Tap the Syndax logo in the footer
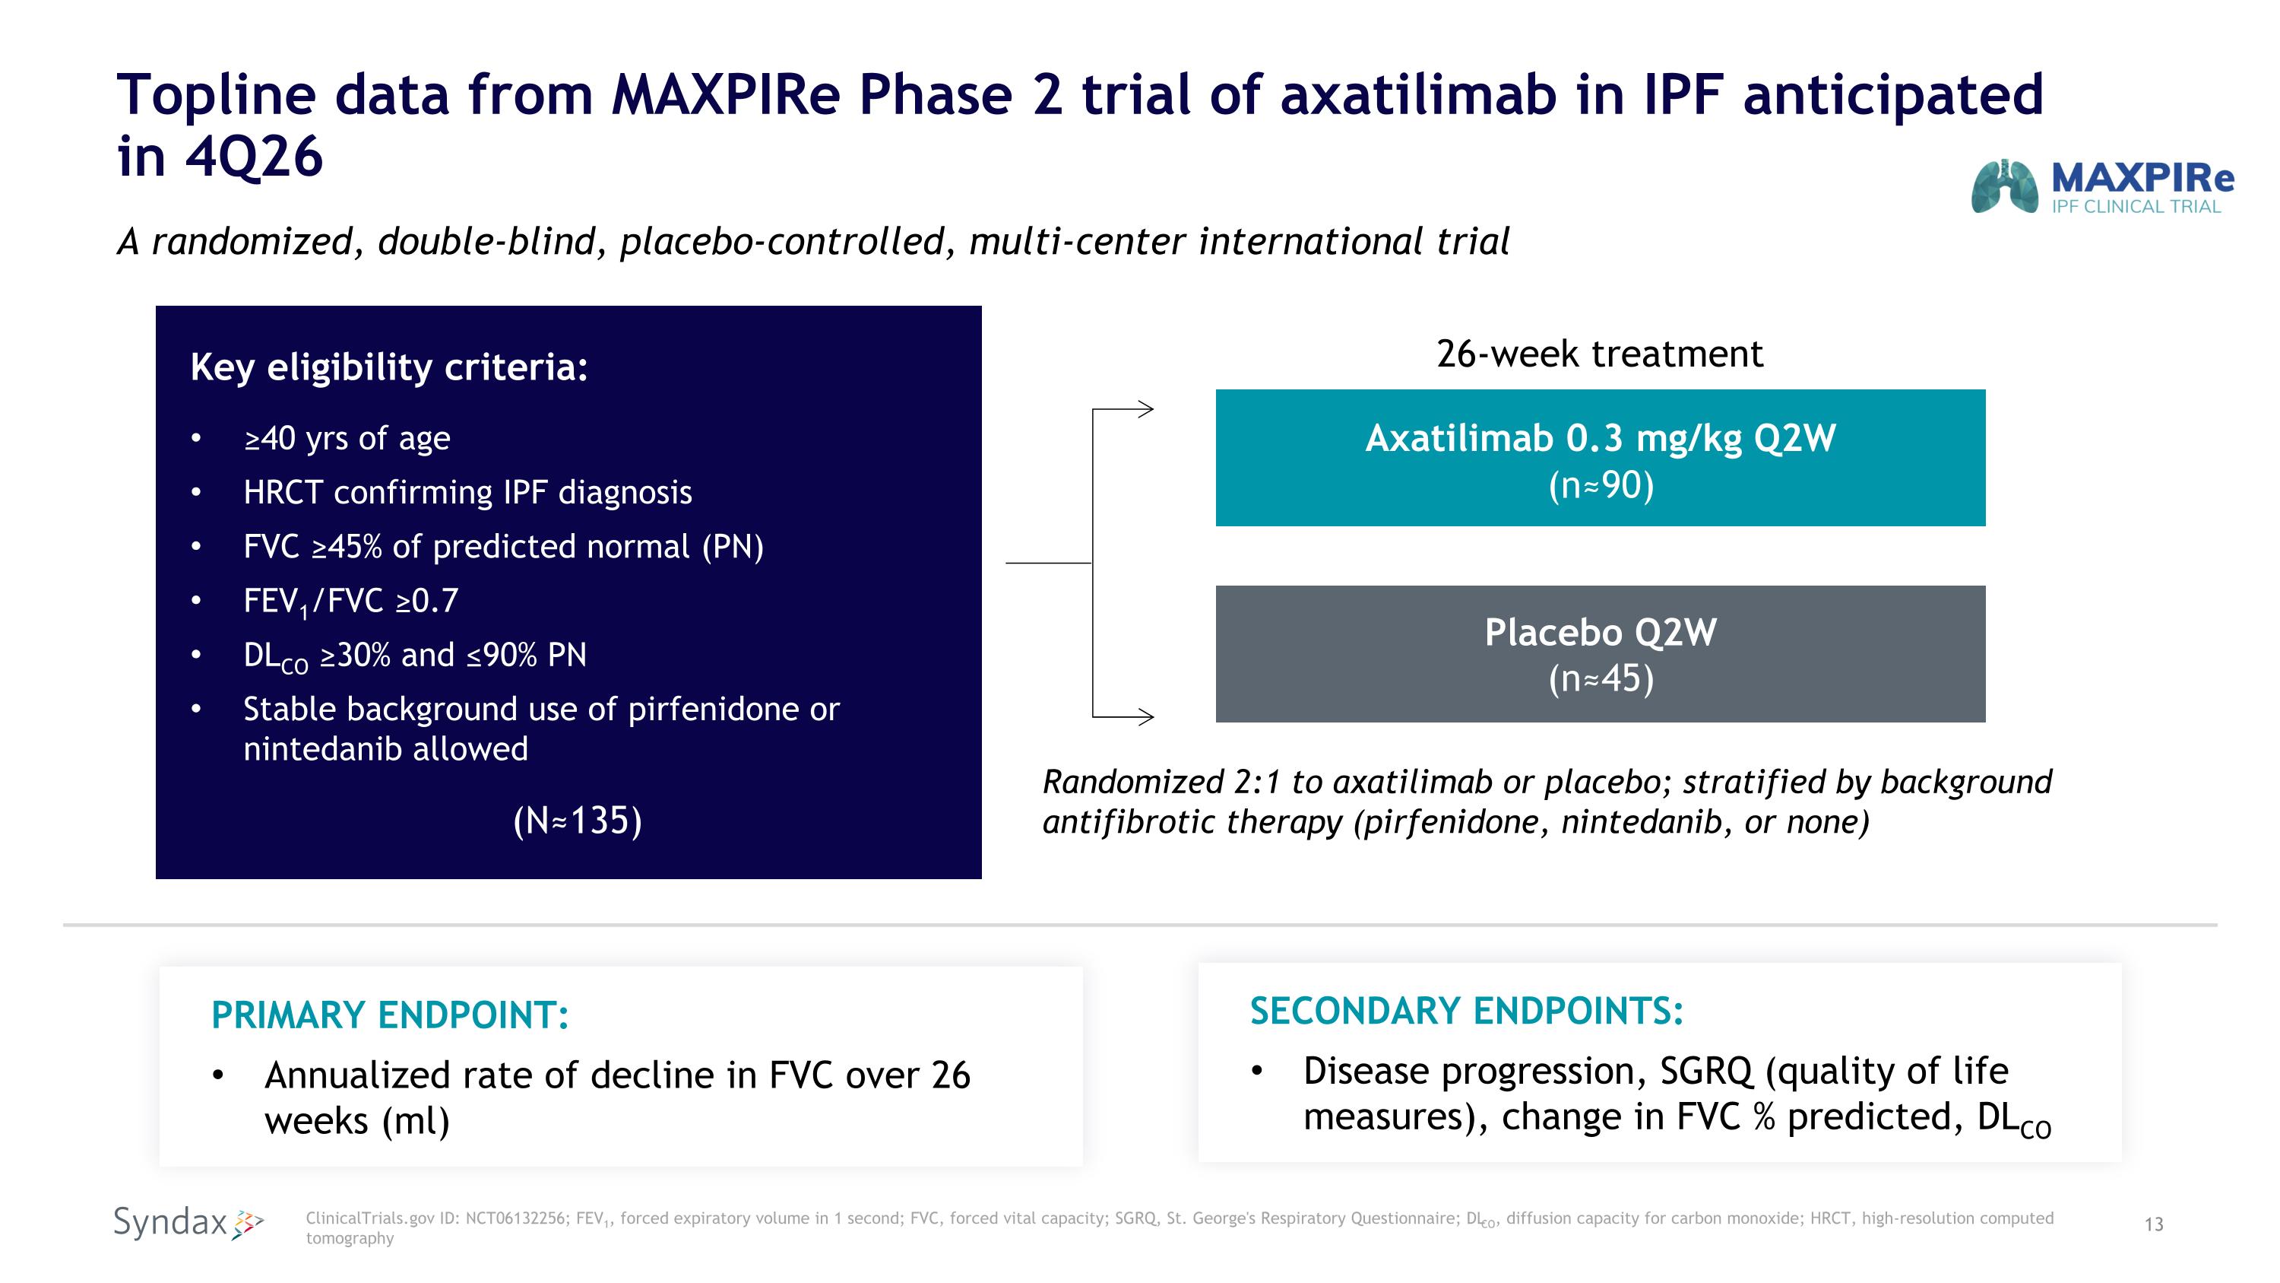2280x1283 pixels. click(x=188, y=1223)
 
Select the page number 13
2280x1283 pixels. click(x=2153, y=1224)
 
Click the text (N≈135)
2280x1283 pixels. click(x=577, y=820)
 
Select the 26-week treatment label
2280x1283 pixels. click(x=1599, y=354)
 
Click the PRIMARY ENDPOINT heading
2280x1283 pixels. click(x=389, y=1015)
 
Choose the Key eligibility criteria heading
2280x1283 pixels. click(x=388, y=367)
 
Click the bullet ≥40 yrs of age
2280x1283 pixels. click(x=347, y=438)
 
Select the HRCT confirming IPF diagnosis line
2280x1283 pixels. click(x=467, y=492)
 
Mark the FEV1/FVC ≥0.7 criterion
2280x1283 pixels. click(x=350, y=602)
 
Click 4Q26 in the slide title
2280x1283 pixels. click(x=253, y=157)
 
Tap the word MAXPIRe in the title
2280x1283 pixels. click(x=725, y=95)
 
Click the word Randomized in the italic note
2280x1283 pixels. click(x=1133, y=782)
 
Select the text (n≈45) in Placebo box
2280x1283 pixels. click(x=1601, y=679)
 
